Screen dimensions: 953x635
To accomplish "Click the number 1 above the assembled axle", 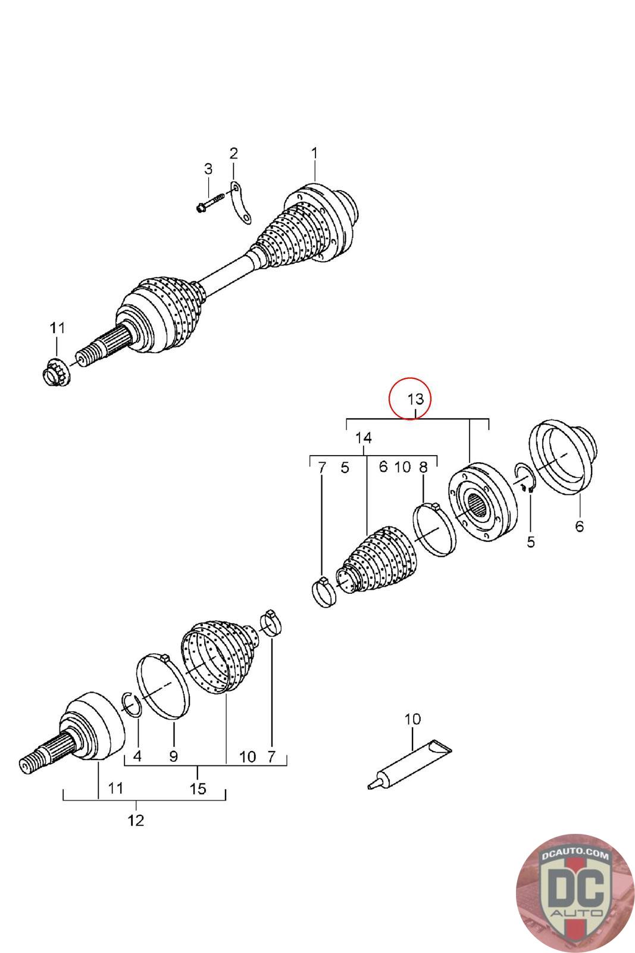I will [314, 153].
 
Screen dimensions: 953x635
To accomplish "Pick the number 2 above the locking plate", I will [234, 153].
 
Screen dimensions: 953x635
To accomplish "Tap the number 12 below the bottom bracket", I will [136, 820].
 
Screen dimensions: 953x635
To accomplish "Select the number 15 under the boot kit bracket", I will [198, 789].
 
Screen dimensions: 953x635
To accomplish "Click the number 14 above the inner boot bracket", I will [364, 438].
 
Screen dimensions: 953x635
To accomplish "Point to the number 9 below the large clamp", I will [173, 756].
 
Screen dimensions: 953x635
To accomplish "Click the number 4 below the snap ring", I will [137, 756].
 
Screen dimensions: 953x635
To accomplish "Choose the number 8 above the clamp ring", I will [423, 467].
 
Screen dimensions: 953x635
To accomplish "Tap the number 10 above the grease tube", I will [412, 719].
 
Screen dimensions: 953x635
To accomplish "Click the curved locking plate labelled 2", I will [240, 203].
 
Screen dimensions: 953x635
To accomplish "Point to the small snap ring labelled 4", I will [132, 703].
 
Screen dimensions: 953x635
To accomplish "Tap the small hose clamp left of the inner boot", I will [324, 593].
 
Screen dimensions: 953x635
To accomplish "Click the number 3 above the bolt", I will [208, 169].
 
